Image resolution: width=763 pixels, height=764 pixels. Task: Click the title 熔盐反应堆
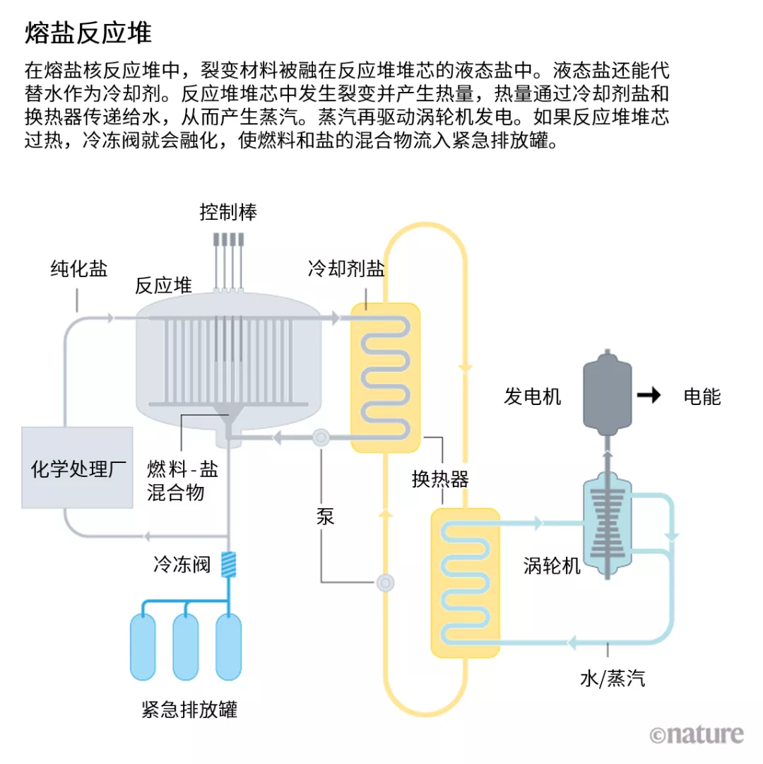(x=88, y=33)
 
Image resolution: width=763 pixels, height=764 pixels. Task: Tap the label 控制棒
(x=227, y=212)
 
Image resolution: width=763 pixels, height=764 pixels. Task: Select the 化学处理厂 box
(x=77, y=467)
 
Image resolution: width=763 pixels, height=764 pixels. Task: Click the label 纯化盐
(x=78, y=269)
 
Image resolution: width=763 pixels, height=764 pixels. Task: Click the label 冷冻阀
(x=182, y=565)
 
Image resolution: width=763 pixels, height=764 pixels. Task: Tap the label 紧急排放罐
(x=189, y=709)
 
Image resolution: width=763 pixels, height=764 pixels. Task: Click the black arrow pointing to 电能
(x=648, y=396)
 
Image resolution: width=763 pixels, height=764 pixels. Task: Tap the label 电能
(x=702, y=396)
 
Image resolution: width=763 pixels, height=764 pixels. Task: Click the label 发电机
(x=533, y=396)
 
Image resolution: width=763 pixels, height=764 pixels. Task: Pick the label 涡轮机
(x=552, y=565)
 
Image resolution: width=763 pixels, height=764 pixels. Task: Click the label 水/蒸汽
(x=612, y=679)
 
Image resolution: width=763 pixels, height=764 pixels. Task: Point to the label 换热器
(x=440, y=480)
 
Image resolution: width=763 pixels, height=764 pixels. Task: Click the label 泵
(x=326, y=517)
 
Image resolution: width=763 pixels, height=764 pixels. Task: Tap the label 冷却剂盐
(x=346, y=269)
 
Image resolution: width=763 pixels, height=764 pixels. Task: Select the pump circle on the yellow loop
(x=386, y=582)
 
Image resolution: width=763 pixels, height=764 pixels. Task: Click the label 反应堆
(x=163, y=286)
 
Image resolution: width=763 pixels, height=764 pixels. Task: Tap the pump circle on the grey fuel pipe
(x=321, y=437)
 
